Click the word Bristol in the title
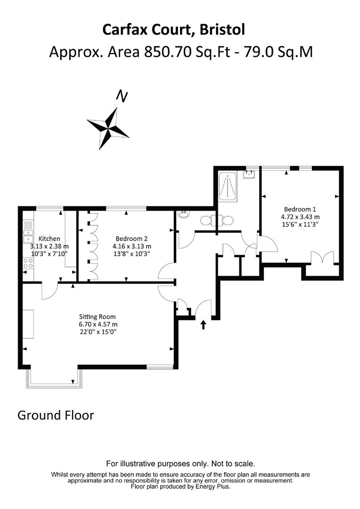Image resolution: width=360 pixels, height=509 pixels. pos(222,30)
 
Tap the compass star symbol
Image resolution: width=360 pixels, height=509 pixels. pos(108,129)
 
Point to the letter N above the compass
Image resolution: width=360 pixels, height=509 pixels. pos(122,96)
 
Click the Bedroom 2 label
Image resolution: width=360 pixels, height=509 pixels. pos(131,238)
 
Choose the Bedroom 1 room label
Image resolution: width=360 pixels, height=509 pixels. pos(300,209)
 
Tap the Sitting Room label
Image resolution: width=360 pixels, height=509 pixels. pos(98,317)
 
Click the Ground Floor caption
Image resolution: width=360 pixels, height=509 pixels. pos(56,415)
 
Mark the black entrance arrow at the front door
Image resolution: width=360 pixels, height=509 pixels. pos(204,325)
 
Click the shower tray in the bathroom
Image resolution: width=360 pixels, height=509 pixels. pos(229,186)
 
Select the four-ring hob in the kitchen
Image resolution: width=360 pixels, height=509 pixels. pos(28,263)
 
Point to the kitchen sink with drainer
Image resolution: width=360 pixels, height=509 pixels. pos(28,231)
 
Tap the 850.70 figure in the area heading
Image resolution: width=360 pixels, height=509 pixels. pos(167,52)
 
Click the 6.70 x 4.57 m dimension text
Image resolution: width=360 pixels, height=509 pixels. pos(98,324)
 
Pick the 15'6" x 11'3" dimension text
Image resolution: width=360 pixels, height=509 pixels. pos(300,224)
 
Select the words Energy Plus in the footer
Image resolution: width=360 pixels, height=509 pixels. pos(213,486)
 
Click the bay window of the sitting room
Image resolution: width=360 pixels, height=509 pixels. pos(55,378)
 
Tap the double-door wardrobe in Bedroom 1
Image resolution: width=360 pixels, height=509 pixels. pos(322,258)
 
